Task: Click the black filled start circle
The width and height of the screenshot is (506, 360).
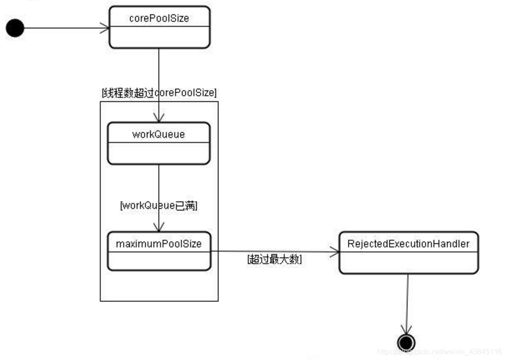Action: [15, 28]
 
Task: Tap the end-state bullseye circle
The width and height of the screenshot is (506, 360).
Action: [406, 343]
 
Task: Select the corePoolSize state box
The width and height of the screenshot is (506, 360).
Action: [159, 27]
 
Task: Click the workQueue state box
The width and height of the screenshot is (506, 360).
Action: [159, 143]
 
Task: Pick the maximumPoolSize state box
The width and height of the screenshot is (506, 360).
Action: [159, 251]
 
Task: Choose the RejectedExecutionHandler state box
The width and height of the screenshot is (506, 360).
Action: [409, 252]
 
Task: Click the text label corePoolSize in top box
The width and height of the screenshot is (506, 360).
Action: [159, 18]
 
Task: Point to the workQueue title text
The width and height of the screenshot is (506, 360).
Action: [159, 134]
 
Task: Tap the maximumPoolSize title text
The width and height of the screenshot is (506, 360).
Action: [159, 244]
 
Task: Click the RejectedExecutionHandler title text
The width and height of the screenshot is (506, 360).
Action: [408, 244]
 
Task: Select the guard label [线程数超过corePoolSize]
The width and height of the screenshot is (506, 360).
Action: [159, 93]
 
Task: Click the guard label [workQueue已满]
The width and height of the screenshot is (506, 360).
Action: [159, 206]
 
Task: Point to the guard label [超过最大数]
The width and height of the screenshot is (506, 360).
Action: [275, 259]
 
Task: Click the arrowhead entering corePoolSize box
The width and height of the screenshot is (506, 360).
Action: [105, 28]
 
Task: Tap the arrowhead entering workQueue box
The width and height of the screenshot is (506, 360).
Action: [159, 117]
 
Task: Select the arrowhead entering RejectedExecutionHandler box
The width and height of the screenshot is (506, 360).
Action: [335, 252]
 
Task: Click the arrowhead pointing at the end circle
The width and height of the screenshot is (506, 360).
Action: [406, 330]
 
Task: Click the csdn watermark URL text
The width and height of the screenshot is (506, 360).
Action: [439, 351]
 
